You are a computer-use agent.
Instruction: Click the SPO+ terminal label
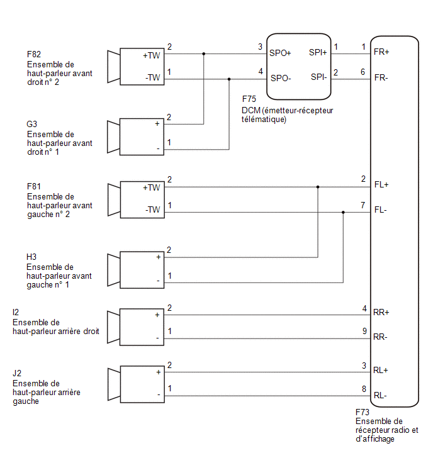tap(280, 53)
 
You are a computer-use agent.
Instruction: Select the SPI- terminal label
tap(318, 77)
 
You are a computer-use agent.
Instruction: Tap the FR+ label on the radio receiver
tap(381, 52)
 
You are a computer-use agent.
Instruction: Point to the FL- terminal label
tap(380, 210)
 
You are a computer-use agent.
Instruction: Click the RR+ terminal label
tap(381, 312)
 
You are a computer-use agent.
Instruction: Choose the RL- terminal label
tap(380, 395)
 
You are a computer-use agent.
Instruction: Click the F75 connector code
tap(249, 99)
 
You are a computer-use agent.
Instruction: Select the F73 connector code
tap(362, 412)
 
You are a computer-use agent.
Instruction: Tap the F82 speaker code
tap(33, 54)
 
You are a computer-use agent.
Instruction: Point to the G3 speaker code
tap(31, 124)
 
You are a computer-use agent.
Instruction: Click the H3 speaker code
tap(31, 257)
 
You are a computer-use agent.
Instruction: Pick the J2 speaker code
tap(17, 373)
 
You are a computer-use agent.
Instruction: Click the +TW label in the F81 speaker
tap(151, 188)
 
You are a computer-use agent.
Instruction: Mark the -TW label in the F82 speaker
tap(152, 77)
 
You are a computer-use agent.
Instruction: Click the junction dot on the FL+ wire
tap(318, 187)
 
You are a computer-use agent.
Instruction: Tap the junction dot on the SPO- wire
tap(229, 79)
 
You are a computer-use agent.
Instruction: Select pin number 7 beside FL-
tap(363, 205)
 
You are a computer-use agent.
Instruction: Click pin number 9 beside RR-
tap(364, 331)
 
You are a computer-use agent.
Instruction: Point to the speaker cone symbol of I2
tap(114, 327)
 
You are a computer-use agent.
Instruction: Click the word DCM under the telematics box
tap(251, 111)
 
